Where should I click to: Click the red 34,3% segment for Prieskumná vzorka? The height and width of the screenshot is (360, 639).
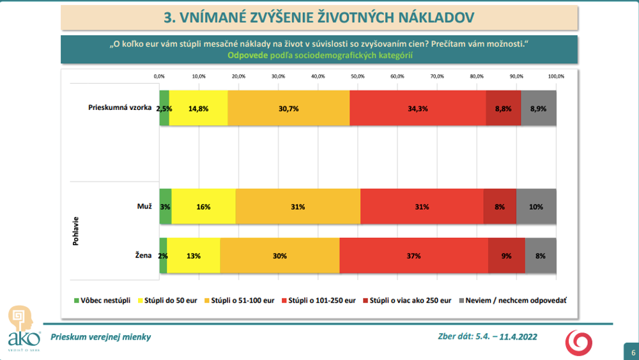point(418,108)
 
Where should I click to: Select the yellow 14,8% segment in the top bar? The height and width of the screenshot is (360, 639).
point(198,108)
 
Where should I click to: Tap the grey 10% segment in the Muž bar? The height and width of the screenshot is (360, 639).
point(536,207)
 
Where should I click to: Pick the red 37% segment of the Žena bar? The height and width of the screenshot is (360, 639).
point(413,256)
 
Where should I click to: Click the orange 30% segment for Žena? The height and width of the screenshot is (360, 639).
point(280,256)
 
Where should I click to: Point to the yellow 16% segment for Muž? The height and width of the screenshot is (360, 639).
point(203,207)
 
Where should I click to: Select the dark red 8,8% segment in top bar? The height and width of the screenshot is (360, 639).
point(504,108)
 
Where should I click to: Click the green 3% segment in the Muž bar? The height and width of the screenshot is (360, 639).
point(166,207)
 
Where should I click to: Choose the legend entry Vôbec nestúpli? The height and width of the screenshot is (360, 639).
point(99,300)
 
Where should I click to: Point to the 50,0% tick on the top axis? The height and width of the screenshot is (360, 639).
point(357,76)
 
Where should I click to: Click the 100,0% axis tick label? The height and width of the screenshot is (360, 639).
point(556,76)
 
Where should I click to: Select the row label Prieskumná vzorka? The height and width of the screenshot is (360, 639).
point(119,107)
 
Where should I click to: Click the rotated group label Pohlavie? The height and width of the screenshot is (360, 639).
point(77,231)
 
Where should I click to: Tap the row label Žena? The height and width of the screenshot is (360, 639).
point(142,255)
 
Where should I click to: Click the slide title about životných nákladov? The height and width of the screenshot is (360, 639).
point(319,17)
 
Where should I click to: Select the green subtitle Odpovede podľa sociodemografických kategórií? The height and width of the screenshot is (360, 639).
point(319,56)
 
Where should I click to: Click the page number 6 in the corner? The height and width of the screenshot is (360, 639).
point(633,352)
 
